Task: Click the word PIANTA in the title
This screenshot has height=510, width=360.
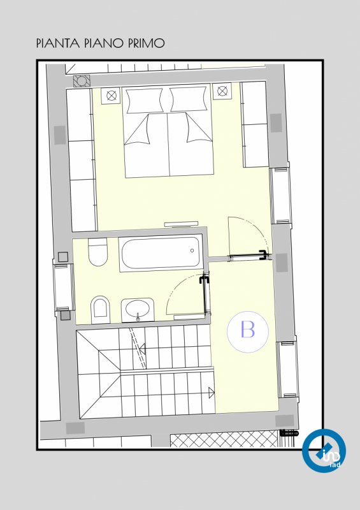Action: click(x=57, y=43)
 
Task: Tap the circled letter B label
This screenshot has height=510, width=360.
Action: click(x=248, y=331)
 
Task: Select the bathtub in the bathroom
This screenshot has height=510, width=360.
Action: click(x=161, y=252)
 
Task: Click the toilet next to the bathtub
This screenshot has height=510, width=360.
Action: click(x=97, y=252)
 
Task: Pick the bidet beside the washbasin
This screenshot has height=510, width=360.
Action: click(x=101, y=310)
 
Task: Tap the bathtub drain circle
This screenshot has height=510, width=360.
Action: click(x=192, y=251)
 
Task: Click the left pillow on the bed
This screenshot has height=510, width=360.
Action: click(x=144, y=100)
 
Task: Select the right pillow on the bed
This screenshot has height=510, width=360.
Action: click(x=189, y=99)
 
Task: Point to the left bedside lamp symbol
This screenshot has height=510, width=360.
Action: click(x=112, y=96)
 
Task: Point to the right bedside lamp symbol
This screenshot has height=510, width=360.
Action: click(x=222, y=91)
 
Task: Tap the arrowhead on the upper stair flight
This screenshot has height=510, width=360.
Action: click(x=142, y=349)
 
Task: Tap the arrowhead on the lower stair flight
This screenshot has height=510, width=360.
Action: click(x=212, y=392)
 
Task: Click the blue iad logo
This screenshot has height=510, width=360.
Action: click(x=324, y=451)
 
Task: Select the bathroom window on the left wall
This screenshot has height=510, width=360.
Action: click(x=64, y=287)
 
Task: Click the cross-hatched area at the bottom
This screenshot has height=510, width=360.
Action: click(x=224, y=439)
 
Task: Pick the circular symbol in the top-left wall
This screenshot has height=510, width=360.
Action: click(x=82, y=81)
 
